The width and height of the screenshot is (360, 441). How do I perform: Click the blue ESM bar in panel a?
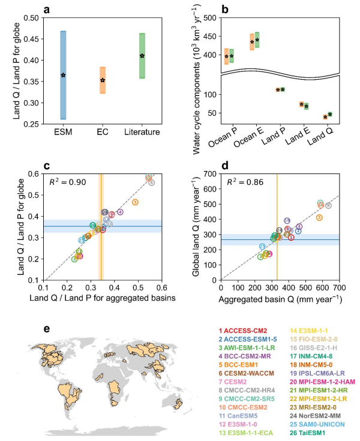click(x=63, y=75)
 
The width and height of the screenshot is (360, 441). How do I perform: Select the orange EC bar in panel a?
click(x=103, y=80)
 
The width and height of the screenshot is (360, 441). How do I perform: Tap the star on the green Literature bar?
click(x=142, y=56)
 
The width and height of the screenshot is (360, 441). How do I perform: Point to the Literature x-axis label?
click(x=142, y=131)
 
